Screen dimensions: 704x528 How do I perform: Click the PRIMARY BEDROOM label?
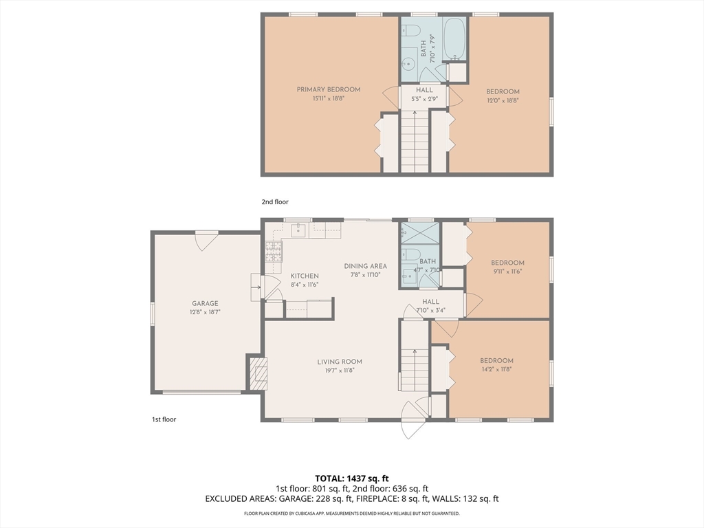[x=328, y=89]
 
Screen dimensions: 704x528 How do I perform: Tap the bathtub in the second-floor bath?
[x=455, y=39]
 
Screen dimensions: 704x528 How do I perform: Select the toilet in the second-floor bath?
[x=411, y=30]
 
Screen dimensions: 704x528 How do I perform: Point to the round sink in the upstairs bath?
[x=409, y=64]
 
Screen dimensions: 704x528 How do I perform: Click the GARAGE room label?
[x=205, y=303]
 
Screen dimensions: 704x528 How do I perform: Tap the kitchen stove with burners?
[x=274, y=252]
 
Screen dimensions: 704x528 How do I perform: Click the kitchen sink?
[x=298, y=230]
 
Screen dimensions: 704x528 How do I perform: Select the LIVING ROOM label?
[x=340, y=362]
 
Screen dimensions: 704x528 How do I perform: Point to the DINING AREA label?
[x=366, y=266]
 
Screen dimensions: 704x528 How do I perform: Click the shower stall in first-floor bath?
[x=420, y=234]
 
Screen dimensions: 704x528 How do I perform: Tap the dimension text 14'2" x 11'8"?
[x=496, y=369]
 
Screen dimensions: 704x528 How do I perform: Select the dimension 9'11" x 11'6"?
[x=507, y=271]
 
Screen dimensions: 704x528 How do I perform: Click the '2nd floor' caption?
[x=275, y=202]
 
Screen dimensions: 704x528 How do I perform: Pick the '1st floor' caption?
[x=164, y=419]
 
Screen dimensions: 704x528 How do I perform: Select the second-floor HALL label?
[x=424, y=90]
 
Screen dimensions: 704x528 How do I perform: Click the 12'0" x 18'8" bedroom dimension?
[x=503, y=100]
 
